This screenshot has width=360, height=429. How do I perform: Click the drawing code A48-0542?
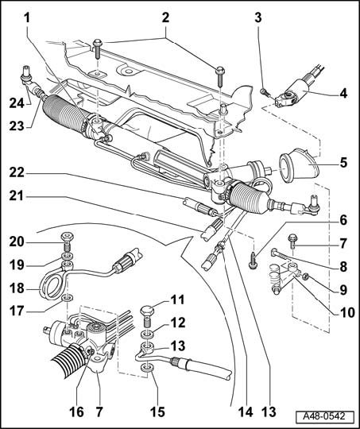(x=324, y=417)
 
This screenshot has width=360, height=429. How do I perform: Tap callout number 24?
(x=17, y=103)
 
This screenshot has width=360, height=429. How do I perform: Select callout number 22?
(x=17, y=173)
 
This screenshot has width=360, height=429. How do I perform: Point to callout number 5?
(x=343, y=162)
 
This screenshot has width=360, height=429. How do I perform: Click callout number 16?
(x=76, y=412)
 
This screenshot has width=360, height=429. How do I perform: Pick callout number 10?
(x=346, y=312)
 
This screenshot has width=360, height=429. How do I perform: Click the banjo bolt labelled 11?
(x=147, y=315)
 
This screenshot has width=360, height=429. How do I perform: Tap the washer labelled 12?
(x=147, y=335)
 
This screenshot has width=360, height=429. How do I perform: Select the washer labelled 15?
(x=147, y=368)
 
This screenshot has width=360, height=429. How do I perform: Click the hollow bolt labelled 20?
(x=67, y=241)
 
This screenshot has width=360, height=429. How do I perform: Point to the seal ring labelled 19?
(x=67, y=257)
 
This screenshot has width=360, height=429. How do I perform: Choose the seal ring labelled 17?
(x=68, y=297)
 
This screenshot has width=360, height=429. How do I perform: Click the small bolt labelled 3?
(x=265, y=92)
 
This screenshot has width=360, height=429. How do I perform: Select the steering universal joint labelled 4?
(x=292, y=93)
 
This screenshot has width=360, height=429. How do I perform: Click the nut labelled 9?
(x=305, y=276)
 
